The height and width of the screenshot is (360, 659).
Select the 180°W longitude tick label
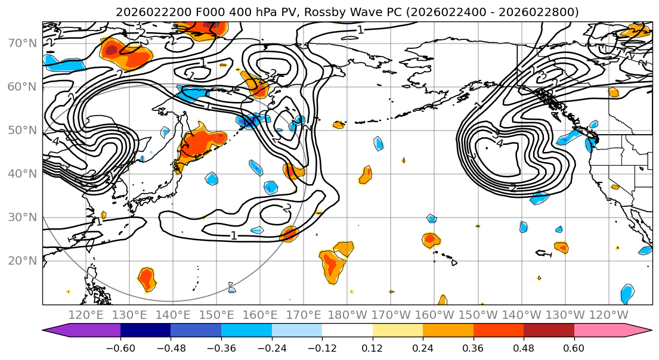point(348,314)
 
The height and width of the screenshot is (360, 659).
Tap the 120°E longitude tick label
point(86,314)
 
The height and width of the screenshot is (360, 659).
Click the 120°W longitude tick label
point(609,314)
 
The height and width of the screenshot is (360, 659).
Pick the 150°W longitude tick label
point(478,314)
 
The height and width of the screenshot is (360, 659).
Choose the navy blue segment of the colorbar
point(145,331)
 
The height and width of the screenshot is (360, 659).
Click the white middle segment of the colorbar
point(347,331)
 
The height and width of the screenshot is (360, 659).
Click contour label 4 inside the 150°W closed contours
point(500,143)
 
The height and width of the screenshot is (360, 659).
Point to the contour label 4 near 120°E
point(55,142)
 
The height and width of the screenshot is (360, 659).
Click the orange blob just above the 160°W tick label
point(443,300)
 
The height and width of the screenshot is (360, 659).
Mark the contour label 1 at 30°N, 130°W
point(549,255)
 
